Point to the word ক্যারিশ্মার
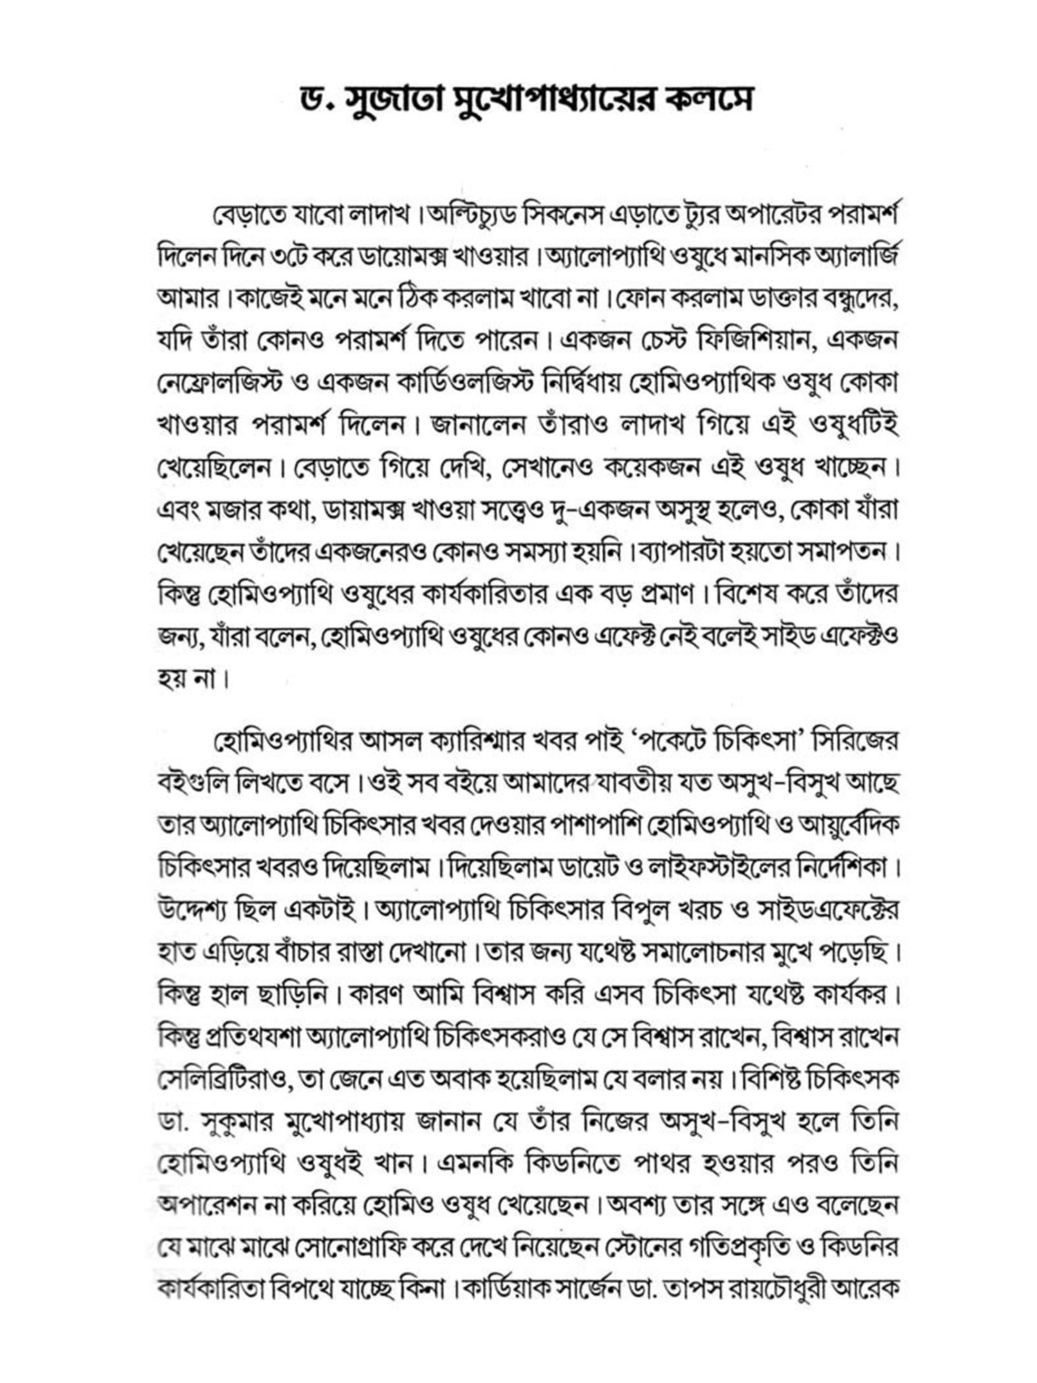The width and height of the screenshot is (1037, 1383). pos(471,742)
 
